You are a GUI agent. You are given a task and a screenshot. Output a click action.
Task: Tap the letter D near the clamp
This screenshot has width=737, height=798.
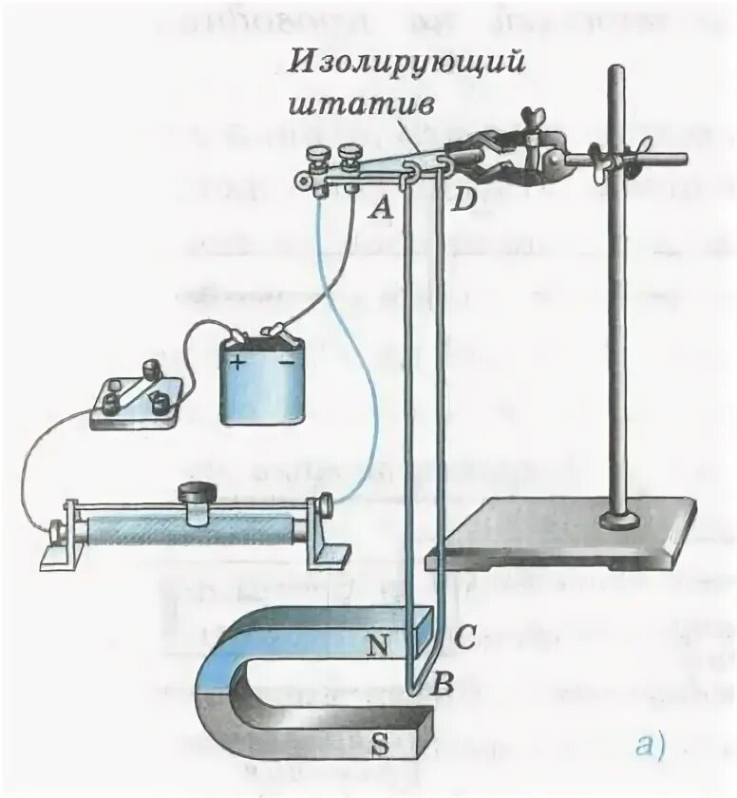pos(463,201)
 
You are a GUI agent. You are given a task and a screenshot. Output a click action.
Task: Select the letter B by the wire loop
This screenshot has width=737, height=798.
pos(442,680)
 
